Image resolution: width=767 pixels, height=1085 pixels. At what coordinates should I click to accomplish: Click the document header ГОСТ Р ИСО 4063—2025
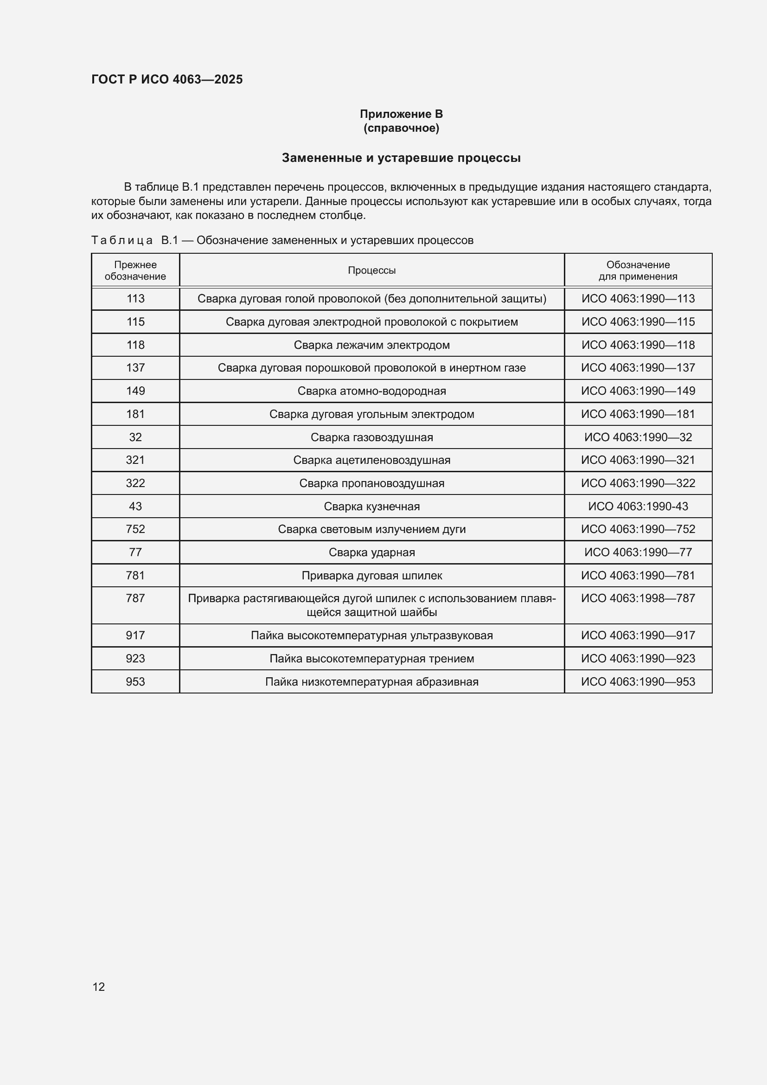[167, 79]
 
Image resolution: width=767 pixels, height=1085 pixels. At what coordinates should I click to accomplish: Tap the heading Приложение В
[401, 114]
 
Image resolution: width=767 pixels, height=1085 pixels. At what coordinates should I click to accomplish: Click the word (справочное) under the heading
[401, 128]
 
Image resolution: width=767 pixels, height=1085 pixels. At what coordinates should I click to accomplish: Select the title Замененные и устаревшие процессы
[401, 158]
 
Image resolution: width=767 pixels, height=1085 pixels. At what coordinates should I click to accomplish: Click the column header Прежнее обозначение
[135, 270]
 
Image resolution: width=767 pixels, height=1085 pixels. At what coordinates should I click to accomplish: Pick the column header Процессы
[372, 270]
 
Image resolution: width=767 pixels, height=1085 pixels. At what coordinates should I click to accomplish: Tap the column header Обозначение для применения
[638, 270]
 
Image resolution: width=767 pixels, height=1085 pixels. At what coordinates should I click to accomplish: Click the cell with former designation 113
[135, 299]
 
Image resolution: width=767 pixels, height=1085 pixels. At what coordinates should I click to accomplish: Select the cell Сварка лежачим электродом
[372, 345]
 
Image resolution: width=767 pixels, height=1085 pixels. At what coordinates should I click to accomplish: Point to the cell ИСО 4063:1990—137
[638, 368]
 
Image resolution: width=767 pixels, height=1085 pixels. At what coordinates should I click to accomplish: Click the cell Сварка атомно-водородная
[372, 391]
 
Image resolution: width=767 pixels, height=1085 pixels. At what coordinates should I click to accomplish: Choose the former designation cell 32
[135, 437]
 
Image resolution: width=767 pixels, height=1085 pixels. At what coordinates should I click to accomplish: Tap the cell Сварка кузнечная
[372, 507]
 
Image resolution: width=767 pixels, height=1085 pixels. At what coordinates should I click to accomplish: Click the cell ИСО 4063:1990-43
[638, 507]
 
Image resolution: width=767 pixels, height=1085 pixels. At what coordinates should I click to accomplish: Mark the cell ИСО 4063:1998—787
[638, 598]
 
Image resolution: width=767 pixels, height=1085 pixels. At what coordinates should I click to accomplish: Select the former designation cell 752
[135, 529]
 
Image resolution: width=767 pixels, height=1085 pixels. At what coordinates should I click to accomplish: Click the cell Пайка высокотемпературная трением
[372, 659]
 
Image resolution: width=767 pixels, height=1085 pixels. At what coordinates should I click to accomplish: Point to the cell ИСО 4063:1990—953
[638, 682]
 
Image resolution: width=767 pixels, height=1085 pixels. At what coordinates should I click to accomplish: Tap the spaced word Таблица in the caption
[122, 241]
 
